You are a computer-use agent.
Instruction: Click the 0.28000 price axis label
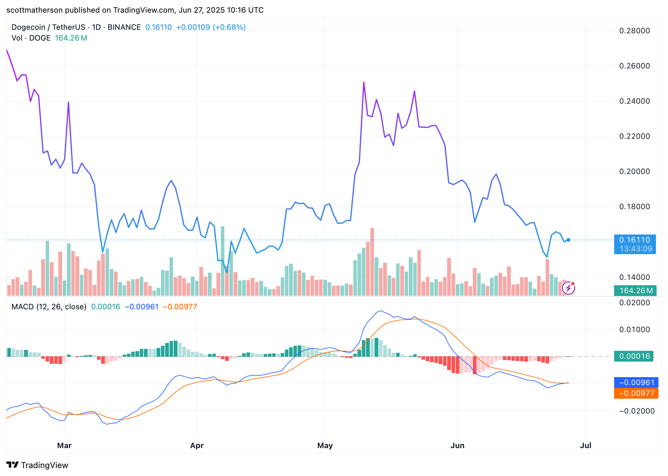(x=634, y=31)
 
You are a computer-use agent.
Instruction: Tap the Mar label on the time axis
(x=64, y=445)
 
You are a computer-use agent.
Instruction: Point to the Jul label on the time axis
(x=585, y=445)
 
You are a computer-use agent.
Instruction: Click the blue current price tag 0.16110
(x=634, y=240)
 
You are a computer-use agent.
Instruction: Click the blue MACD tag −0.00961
(x=636, y=383)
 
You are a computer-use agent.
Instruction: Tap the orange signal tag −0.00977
(x=636, y=393)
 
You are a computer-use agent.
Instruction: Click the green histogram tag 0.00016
(x=634, y=356)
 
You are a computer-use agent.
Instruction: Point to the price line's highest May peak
(x=364, y=83)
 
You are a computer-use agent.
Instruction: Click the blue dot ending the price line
(x=568, y=240)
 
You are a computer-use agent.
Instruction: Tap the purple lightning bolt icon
(x=568, y=288)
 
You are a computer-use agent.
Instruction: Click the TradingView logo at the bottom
(x=37, y=465)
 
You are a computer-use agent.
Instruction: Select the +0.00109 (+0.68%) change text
(x=211, y=27)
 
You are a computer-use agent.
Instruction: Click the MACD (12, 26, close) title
(x=49, y=307)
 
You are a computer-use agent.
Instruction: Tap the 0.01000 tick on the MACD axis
(x=634, y=330)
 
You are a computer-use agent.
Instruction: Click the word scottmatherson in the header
(x=35, y=10)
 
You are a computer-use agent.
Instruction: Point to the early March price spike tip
(x=68, y=103)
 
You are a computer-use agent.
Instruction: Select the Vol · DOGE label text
(x=31, y=38)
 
